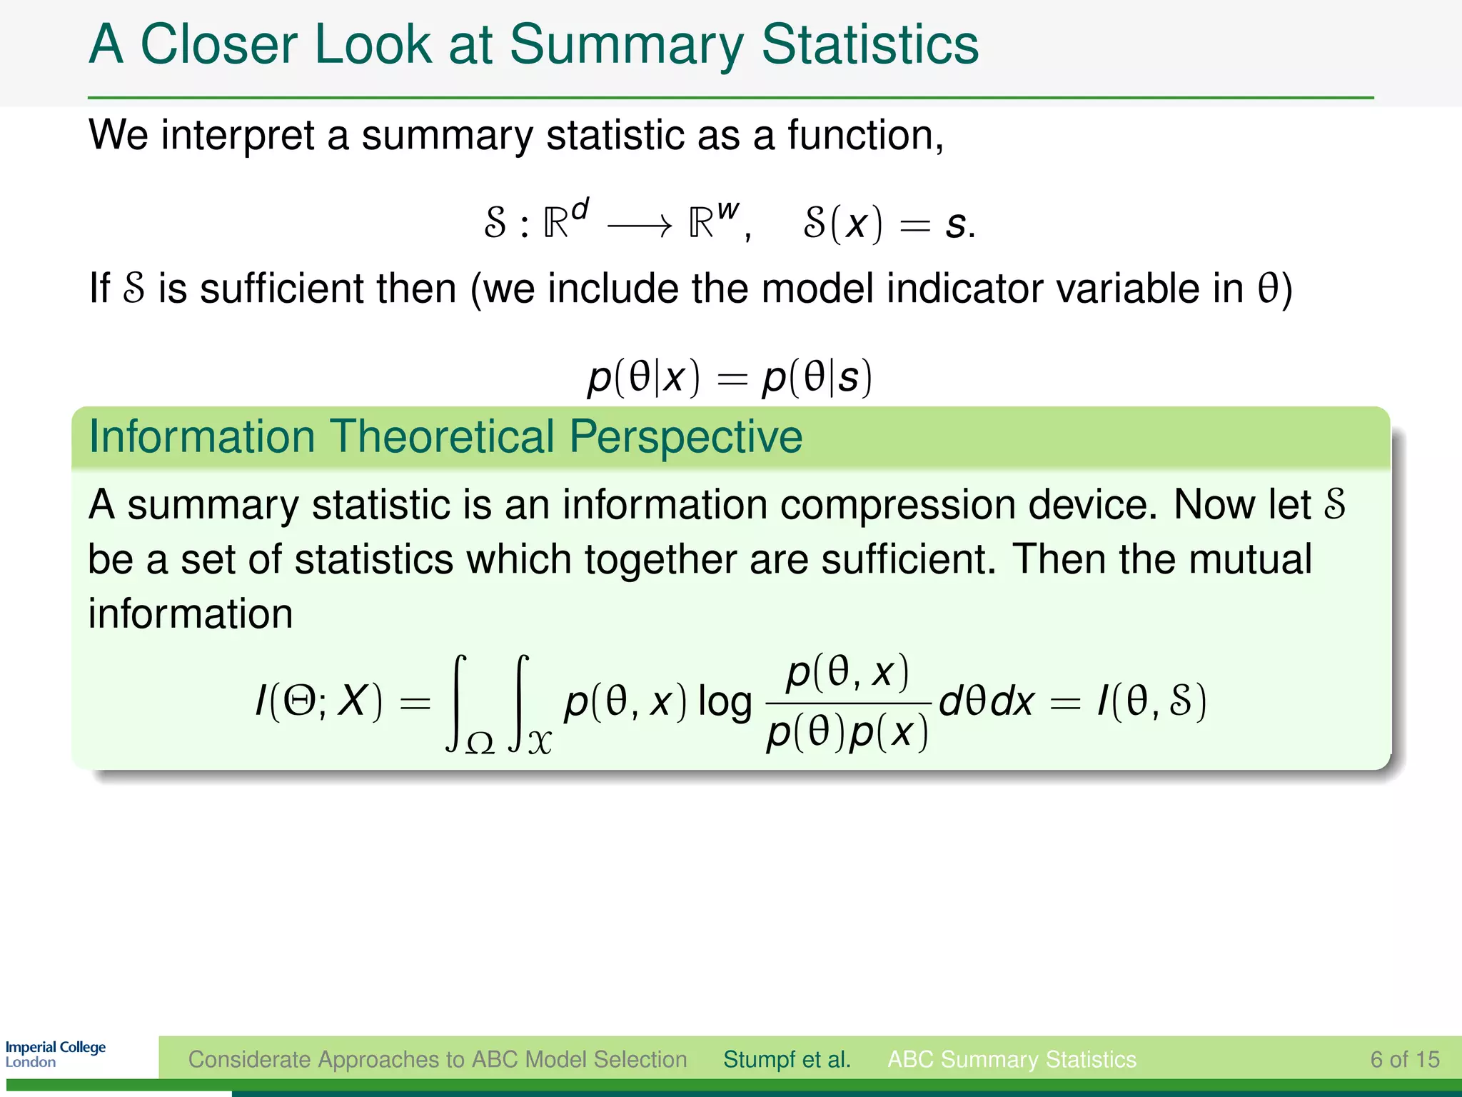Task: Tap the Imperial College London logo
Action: pos(55,1054)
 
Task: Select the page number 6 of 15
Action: pos(1404,1059)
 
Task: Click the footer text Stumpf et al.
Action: pos(787,1059)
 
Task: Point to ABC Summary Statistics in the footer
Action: pos(1012,1059)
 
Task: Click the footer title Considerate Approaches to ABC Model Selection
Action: pos(437,1059)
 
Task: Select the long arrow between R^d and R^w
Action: pos(639,226)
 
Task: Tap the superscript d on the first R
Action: pos(580,210)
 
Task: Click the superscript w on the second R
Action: pos(727,210)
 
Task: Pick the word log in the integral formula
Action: pos(724,703)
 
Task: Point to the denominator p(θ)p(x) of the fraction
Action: pos(847,733)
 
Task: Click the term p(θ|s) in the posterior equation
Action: pos(817,377)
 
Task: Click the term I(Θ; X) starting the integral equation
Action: pos(319,702)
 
